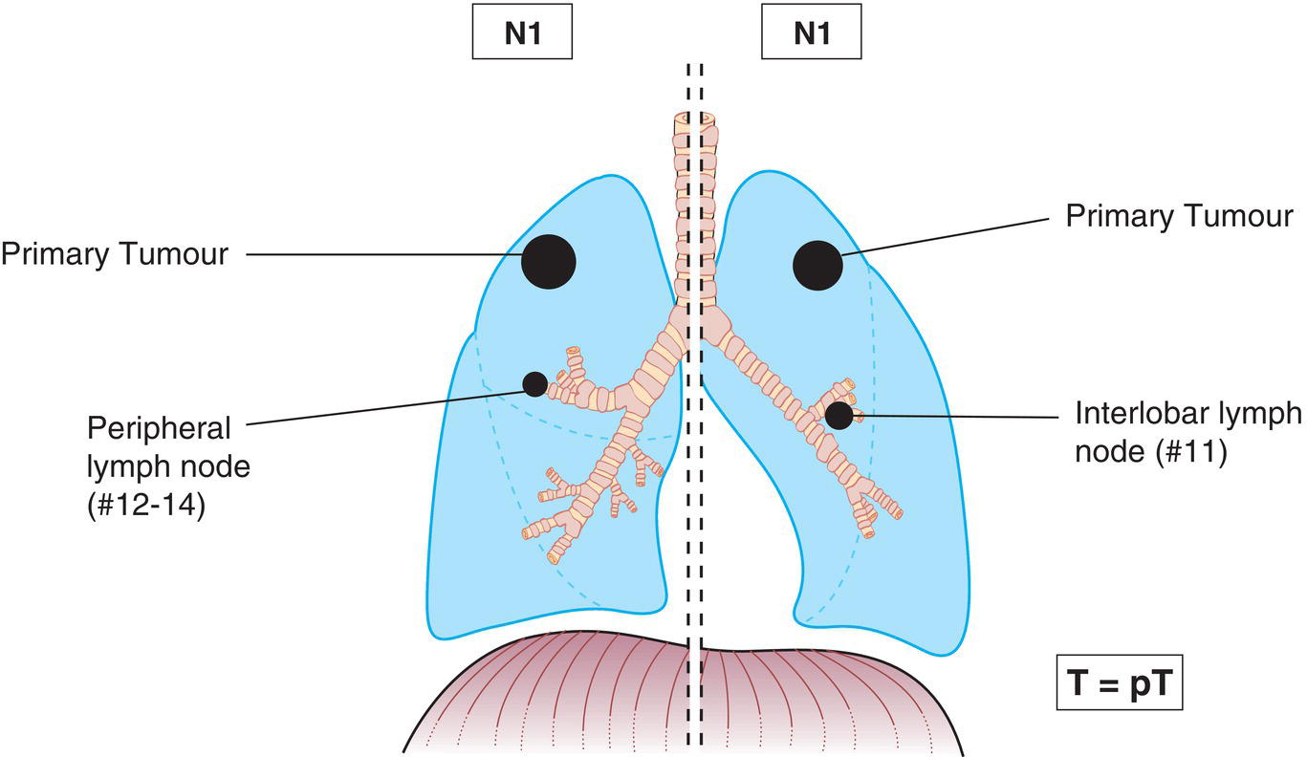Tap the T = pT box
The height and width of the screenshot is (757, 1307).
pos(1120,683)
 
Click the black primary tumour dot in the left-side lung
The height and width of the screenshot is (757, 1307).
pos(548,260)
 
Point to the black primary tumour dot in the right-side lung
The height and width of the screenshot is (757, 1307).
pos(817,265)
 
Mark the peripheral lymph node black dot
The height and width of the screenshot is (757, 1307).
pos(534,384)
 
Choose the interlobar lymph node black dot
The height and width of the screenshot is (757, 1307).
pos(839,416)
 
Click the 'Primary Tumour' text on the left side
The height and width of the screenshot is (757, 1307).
pos(114,255)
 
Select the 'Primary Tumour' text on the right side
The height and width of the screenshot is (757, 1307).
pos(1179,216)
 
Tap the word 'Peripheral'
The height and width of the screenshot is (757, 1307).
pos(160,426)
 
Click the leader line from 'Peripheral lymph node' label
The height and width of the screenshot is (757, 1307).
pos(382,405)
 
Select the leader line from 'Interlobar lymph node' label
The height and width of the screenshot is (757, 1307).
pos(956,417)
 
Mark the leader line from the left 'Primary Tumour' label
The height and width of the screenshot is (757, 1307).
pos(382,255)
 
